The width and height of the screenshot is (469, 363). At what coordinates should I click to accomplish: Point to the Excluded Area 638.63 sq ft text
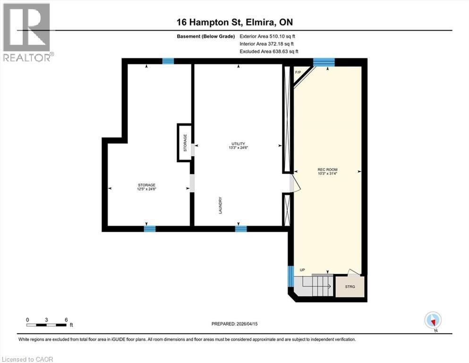coord(269,52)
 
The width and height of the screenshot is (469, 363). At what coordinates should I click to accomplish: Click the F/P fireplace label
coord(298,72)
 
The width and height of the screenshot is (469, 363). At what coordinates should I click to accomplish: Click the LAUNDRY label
coord(220,206)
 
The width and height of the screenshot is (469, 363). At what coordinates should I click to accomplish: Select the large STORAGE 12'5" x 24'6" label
coord(146,186)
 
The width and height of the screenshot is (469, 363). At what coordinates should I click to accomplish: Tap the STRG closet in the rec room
coord(350,286)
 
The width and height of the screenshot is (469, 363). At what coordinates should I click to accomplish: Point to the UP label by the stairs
coord(302,270)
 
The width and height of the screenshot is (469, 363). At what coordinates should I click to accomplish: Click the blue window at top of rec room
coord(324,61)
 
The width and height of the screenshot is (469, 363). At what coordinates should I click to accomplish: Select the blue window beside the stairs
coord(290,276)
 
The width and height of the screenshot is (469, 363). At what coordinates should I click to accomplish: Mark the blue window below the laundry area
coord(241,229)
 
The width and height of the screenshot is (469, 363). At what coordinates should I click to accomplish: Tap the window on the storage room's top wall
coord(168,61)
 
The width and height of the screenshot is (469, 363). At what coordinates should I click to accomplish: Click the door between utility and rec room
coord(294,183)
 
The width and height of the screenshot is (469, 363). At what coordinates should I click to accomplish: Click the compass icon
coord(433,320)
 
